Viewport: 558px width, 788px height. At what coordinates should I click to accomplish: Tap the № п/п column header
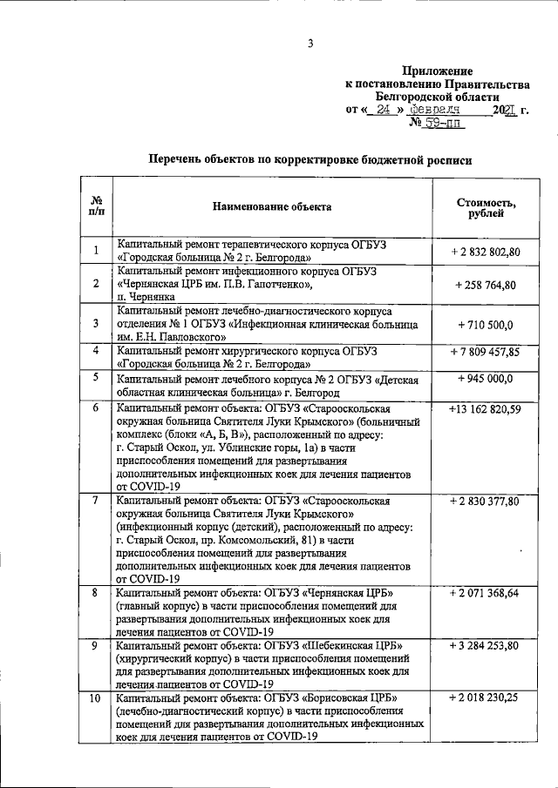click(96, 207)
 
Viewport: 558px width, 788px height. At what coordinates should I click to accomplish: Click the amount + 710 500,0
click(485, 324)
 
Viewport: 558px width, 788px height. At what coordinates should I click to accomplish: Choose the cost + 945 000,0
click(485, 379)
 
